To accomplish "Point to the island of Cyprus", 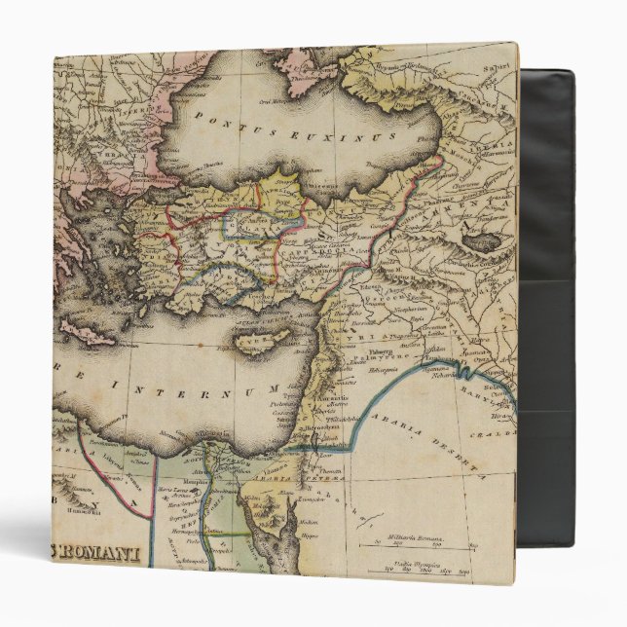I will click(x=259, y=340).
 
